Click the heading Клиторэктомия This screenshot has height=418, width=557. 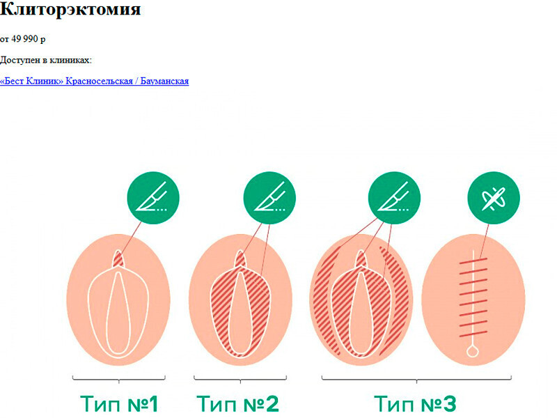pyautogui.click(x=70, y=10)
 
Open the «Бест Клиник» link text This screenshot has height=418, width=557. pyautogui.click(x=32, y=82)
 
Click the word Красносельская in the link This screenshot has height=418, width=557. pyautogui.click(x=100, y=82)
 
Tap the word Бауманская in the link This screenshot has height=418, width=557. pyautogui.click(x=164, y=82)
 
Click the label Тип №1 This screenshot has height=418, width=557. pyautogui.click(x=119, y=403)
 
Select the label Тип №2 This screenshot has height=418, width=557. pyautogui.click(x=237, y=403)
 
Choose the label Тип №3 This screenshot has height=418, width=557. pyautogui.click(x=415, y=403)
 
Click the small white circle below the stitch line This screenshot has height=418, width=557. pyautogui.click(x=473, y=353)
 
